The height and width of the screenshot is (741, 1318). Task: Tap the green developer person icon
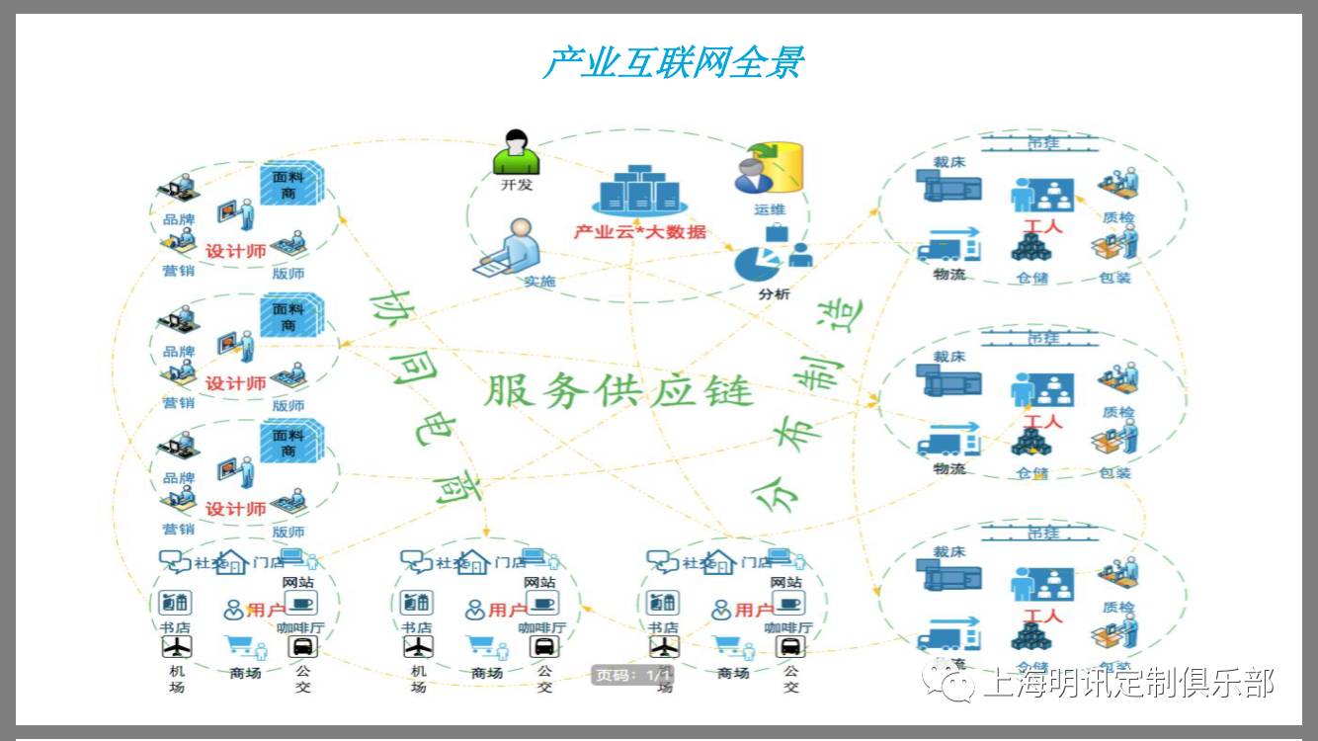516,152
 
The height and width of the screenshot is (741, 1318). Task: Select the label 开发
516,185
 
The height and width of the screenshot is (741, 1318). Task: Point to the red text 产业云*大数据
640,232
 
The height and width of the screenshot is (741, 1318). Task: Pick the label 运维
770,209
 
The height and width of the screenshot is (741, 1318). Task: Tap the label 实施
539,282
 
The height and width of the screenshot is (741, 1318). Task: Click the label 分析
774,293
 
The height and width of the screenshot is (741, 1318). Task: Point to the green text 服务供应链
618,391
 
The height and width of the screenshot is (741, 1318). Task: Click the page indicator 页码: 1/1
632,676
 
